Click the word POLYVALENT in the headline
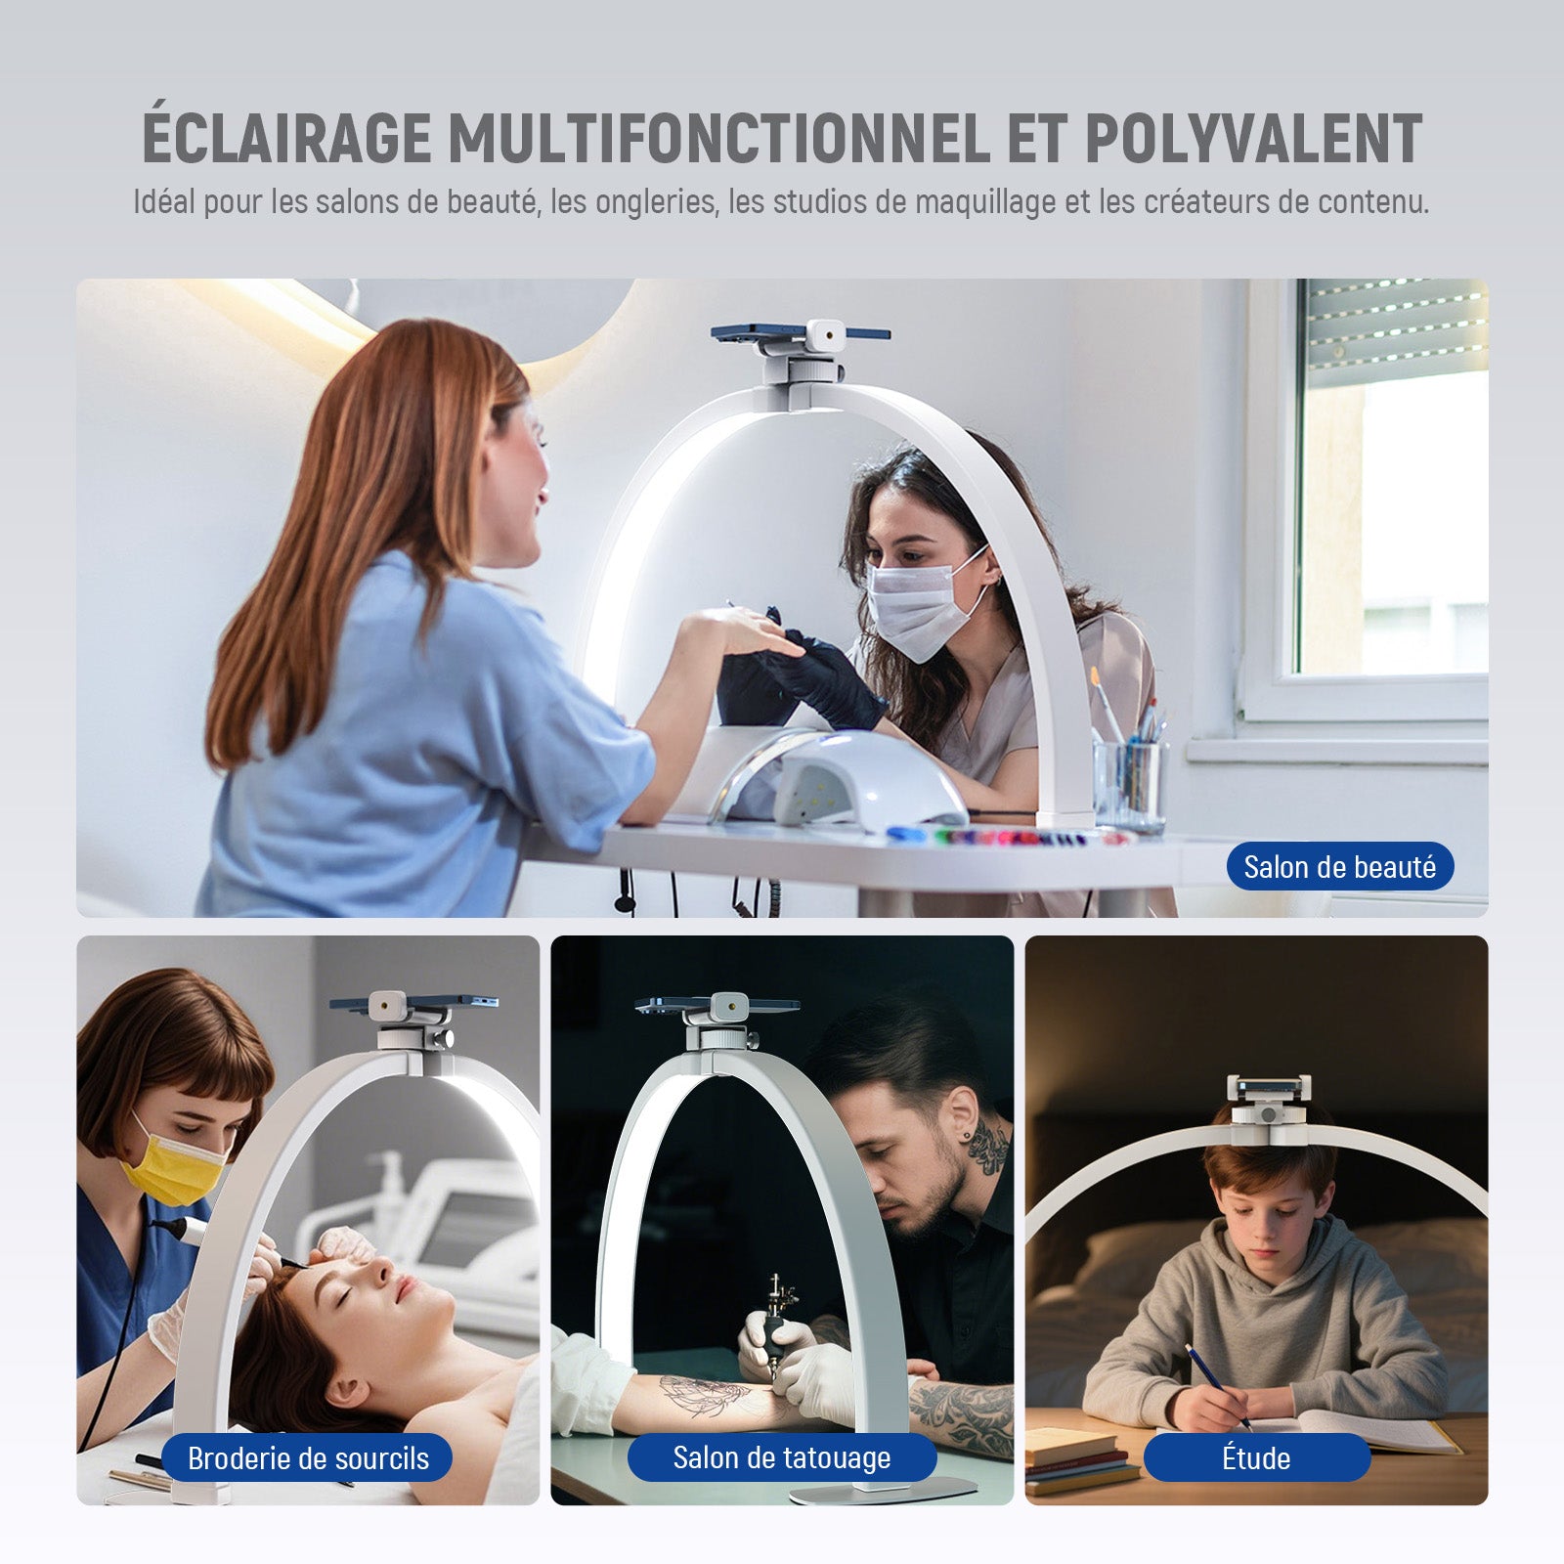[1253, 138]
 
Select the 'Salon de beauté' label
[1340, 867]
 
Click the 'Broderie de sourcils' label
[308, 1458]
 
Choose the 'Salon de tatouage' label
[782, 1457]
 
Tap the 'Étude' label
[1256, 1458]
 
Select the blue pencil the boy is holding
[1218, 1387]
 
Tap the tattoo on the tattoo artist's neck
[988, 1147]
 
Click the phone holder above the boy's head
[1268, 1108]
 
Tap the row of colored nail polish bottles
[1012, 837]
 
